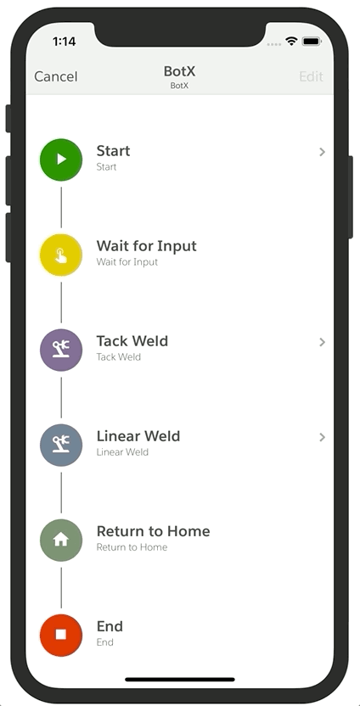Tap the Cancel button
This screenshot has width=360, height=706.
56,76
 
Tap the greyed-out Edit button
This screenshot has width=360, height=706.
311,76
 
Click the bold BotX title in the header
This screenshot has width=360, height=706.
179,71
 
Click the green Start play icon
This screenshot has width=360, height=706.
61,160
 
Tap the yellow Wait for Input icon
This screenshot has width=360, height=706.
61,255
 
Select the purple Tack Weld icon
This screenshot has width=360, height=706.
61,350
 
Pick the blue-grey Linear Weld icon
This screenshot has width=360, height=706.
61,445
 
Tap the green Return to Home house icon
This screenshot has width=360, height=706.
61,540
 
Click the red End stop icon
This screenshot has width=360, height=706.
61,635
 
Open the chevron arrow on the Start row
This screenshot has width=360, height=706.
322,152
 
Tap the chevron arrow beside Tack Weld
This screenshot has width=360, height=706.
322,342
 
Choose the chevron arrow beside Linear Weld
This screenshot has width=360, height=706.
322,437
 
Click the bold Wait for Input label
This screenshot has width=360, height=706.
146,246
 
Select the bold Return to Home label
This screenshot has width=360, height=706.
153,531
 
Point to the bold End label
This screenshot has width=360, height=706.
110,626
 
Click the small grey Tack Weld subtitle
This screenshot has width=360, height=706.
119,357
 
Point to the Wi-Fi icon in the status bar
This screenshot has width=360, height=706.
292,42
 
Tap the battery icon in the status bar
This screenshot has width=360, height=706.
312,42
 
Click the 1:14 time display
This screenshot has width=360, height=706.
64,42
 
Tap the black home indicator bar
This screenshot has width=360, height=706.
180,680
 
